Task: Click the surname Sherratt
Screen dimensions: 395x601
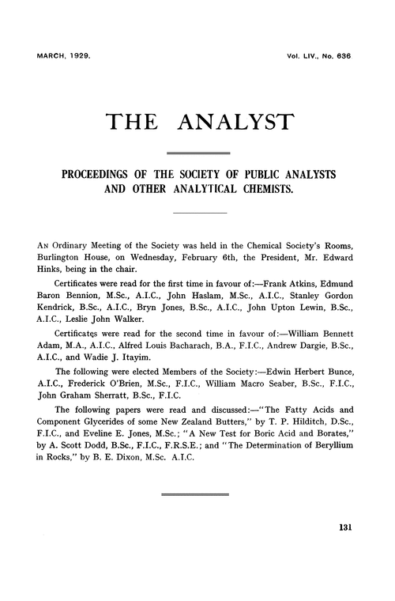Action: click(x=111, y=400)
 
